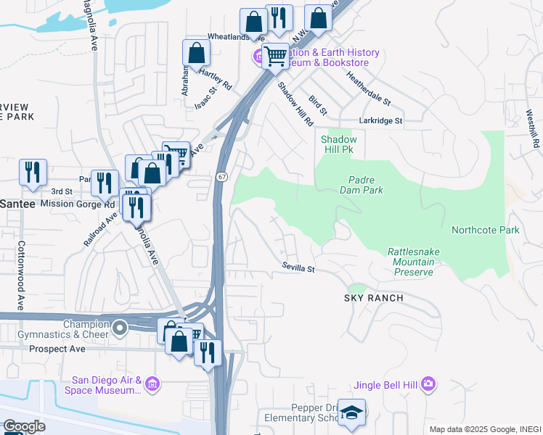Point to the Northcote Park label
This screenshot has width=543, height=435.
[x=486, y=230]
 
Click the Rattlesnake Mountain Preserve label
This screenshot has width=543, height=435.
[x=415, y=261]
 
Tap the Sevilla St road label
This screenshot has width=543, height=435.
[x=298, y=268]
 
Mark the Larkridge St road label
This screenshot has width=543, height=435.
[x=380, y=121]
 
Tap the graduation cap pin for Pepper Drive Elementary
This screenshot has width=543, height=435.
[x=352, y=413]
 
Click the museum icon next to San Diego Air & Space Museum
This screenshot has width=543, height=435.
[x=151, y=382]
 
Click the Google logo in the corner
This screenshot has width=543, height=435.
[x=23, y=426]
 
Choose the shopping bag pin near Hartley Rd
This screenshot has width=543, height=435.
[x=196, y=54]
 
